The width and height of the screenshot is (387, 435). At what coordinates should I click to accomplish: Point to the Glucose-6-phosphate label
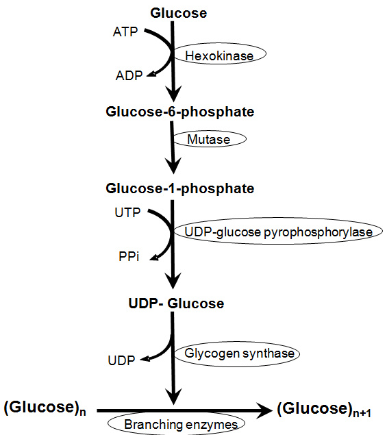pos(180,112)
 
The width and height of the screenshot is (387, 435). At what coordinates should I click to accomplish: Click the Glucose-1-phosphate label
pos(180,188)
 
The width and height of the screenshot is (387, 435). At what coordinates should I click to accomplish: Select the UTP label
pos(128,213)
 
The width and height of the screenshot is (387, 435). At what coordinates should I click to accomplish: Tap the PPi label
pos(129,257)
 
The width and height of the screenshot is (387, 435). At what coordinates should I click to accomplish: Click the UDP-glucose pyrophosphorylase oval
pos(277,232)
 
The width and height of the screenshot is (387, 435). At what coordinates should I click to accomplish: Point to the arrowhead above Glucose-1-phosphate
pos(175,166)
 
